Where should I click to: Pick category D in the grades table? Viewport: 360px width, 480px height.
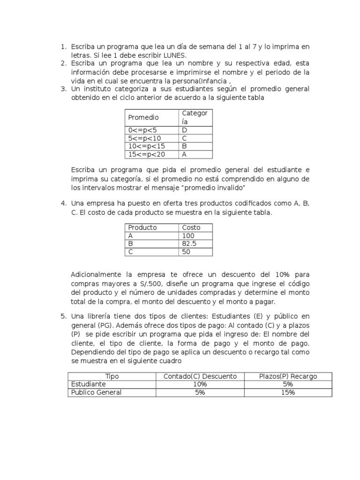tap(185, 130)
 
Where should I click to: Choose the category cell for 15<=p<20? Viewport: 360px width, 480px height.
tap(185, 154)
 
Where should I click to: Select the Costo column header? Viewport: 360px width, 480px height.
tap(191, 227)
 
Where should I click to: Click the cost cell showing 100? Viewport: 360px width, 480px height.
tap(187, 236)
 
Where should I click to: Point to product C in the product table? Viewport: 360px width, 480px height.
tap(131, 252)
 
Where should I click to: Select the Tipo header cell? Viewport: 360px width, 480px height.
tap(112, 376)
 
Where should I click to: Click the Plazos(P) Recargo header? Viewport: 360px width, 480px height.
tap(288, 376)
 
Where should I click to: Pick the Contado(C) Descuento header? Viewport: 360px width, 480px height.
tap(200, 376)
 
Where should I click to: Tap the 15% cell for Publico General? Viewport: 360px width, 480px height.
tap(288, 392)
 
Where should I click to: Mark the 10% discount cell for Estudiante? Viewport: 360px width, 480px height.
tap(200, 384)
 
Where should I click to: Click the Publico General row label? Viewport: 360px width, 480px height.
tap(96, 392)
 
